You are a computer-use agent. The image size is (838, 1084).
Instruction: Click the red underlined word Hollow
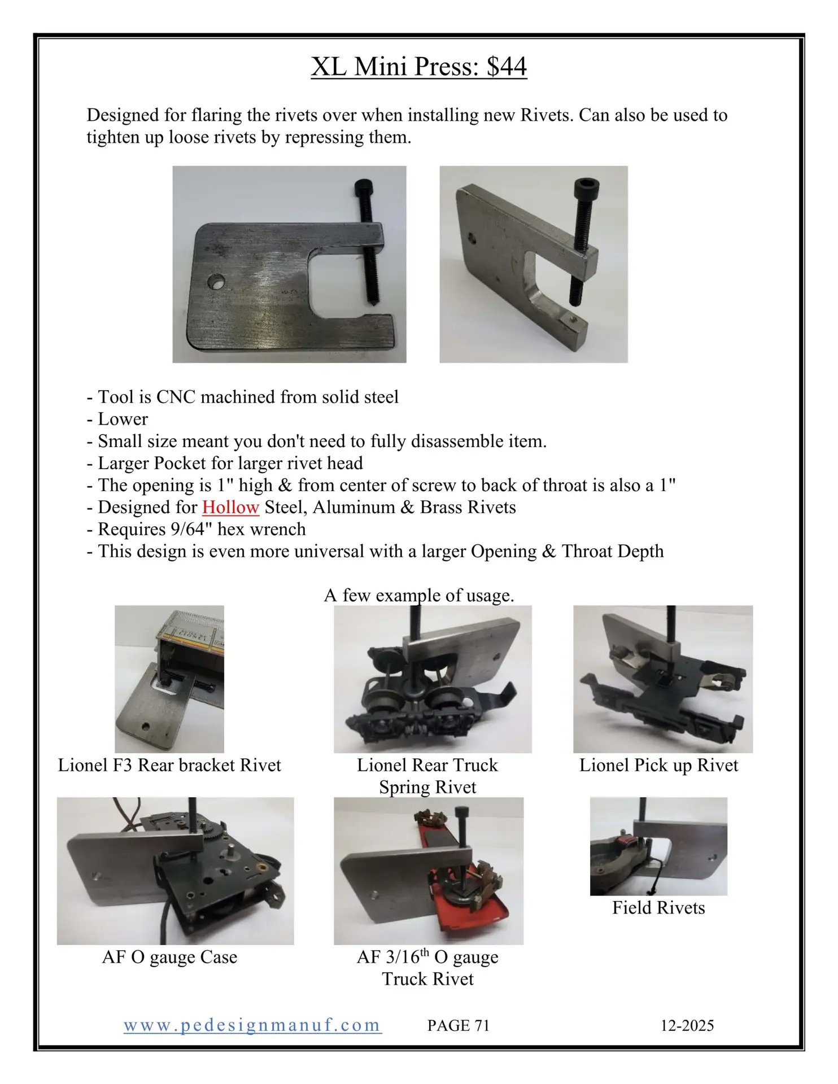click(x=230, y=507)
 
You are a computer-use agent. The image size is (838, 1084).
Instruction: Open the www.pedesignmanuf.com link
click(x=252, y=1025)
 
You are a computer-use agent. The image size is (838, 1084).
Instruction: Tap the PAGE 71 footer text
click(x=458, y=1025)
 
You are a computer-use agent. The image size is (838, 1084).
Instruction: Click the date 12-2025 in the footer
click(x=687, y=1025)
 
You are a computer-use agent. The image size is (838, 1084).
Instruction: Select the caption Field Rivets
click(x=658, y=907)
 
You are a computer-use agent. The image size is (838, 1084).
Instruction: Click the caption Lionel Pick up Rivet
click(x=658, y=765)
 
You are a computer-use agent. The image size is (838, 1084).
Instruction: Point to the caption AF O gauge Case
click(x=169, y=957)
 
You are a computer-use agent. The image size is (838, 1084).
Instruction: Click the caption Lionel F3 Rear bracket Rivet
click(x=169, y=765)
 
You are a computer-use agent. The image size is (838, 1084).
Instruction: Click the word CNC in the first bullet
click(x=176, y=397)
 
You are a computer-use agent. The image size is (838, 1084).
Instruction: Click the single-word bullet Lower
click(x=123, y=419)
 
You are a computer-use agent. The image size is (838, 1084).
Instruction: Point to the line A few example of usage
click(x=419, y=595)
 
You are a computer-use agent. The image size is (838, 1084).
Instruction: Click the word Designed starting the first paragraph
click(x=123, y=115)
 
